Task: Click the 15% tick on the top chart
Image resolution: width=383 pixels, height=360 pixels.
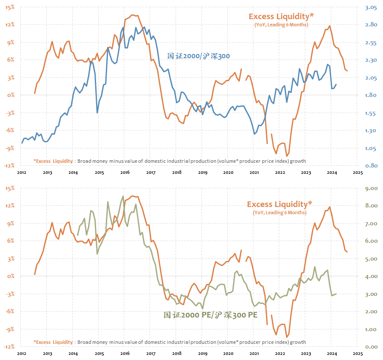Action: point(10,7)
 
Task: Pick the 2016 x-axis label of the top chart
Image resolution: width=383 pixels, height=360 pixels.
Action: point(125,173)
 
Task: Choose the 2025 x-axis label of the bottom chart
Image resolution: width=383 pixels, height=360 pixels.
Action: point(357,353)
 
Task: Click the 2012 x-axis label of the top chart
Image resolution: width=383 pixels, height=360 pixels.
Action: point(22,173)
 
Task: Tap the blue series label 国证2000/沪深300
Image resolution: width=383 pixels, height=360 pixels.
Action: point(199,56)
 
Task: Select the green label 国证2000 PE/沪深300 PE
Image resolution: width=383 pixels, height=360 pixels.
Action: point(210,315)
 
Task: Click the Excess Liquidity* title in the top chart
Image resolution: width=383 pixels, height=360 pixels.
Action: point(281,17)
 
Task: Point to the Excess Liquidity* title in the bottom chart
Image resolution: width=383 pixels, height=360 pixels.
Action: point(279,204)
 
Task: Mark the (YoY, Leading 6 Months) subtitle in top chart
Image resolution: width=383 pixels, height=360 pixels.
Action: point(281,25)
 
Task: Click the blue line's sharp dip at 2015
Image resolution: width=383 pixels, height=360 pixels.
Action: point(97,113)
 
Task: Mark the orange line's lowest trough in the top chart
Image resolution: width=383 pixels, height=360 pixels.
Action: point(287,156)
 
